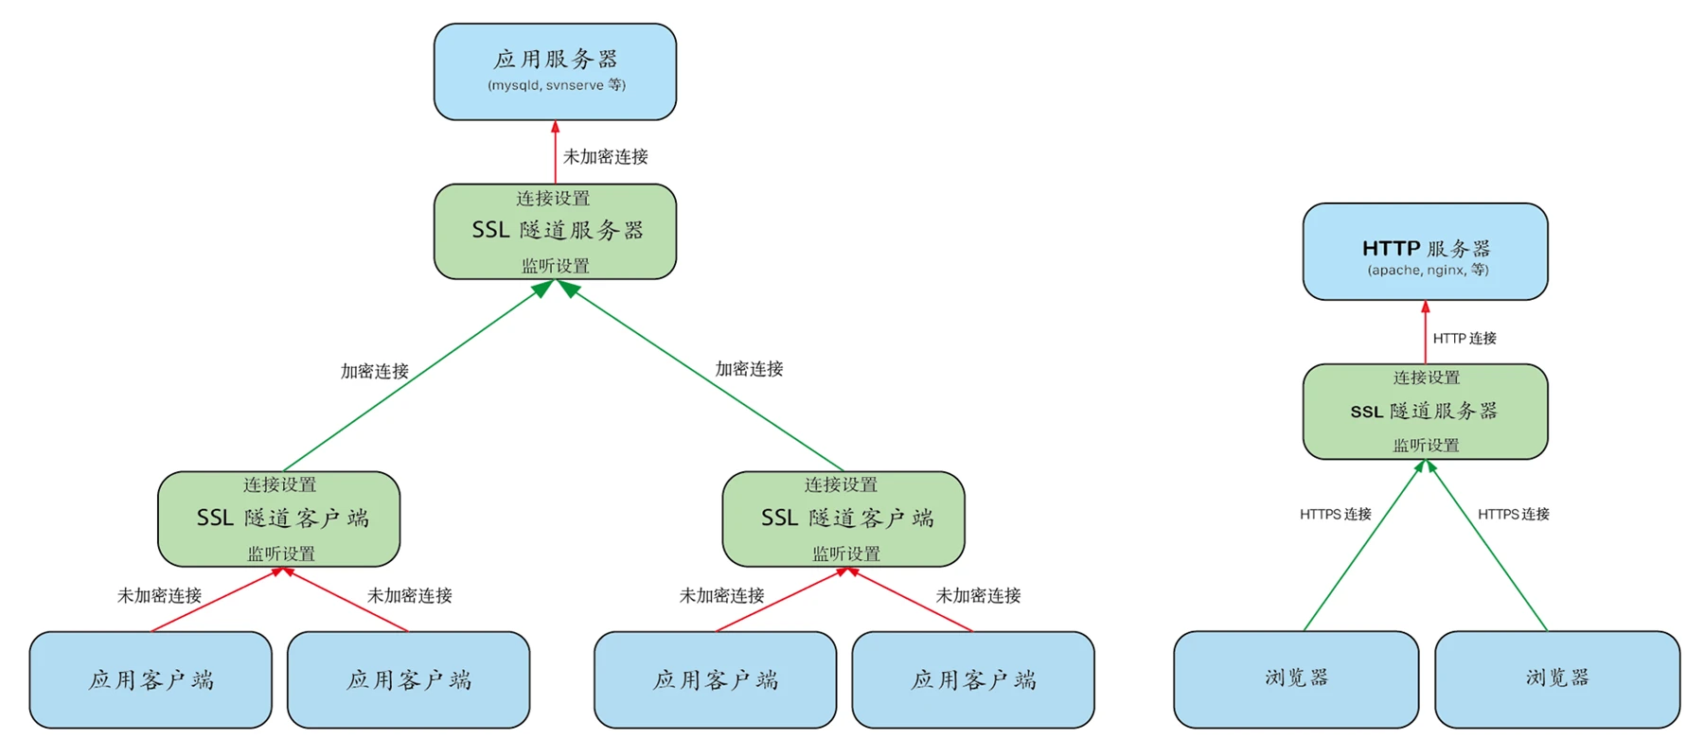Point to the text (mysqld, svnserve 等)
(557, 85)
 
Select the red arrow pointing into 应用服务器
(556, 151)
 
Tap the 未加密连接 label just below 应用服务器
(606, 156)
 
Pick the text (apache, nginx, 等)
(1428, 271)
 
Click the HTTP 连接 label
(1464, 338)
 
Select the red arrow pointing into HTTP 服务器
(1426, 332)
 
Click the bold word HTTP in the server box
(1391, 249)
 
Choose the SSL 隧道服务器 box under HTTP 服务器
(1425, 412)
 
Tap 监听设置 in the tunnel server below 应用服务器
(556, 266)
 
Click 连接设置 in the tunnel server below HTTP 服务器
(1427, 378)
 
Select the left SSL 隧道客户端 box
(279, 519)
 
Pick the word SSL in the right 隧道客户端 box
(779, 518)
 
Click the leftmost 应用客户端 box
(151, 679)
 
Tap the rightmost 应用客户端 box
(973, 679)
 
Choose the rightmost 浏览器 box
(1557, 678)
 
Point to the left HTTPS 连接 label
(1335, 514)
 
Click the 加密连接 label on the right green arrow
(749, 369)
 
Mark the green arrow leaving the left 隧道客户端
(412, 379)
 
